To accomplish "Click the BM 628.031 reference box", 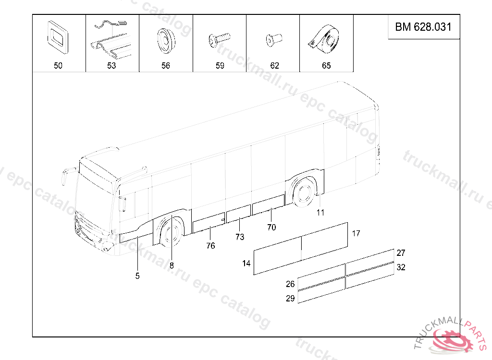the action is tap(423, 27).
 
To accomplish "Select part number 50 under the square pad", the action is tap(58, 66).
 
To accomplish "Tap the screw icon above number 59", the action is tap(219, 40).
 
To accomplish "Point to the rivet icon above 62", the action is tap(273, 40).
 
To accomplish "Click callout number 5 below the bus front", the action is tap(137, 276).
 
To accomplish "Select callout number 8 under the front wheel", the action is tap(172, 264).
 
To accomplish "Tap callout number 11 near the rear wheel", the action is tap(320, 212).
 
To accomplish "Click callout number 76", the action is tap(210, 246).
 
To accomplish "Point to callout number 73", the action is tap(240, 237).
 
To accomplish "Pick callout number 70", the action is tap(271, 228).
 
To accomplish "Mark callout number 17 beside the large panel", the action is tap(356, 234).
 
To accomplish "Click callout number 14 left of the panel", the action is tap(246, 263).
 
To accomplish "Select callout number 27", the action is tap(401, 253).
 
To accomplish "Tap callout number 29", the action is tap(290, 298).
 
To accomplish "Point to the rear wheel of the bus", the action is tap(304, 192).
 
